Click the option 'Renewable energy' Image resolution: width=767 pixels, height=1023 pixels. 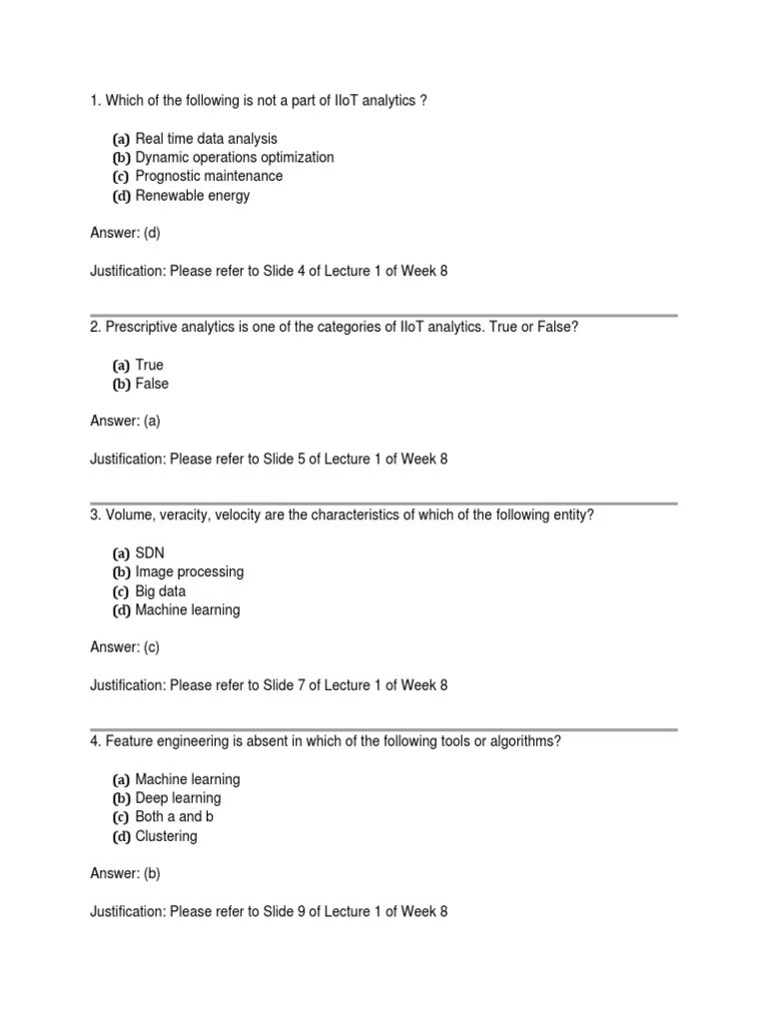tap(192, 196)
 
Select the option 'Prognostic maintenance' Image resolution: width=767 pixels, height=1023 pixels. tap(209, 177)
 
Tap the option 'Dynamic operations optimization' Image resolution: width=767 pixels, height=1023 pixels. tap(234, 158)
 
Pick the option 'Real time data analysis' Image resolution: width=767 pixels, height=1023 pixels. tap(206, 139)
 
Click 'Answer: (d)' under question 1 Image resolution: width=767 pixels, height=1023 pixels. tap(125, 234)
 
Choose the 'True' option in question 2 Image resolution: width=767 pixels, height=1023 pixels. tap(149, 366)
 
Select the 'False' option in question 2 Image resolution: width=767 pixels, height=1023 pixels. tap(152, 385)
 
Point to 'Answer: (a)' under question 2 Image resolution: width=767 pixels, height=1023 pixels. tap(125, 422)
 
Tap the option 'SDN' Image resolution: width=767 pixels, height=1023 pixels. tap(150, 553)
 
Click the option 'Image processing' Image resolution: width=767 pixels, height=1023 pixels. tap(189, 572)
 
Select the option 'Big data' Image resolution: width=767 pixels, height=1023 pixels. tap(160, 591)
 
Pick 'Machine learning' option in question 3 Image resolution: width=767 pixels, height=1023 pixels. tap(187, 610)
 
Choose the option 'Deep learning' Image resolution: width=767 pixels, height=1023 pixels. tap(178, 798)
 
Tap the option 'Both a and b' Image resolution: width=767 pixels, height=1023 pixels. tap(174, 817)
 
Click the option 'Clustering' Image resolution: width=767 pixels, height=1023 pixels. tap(166, 836)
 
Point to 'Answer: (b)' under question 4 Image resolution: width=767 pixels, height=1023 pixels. tap(125, 874)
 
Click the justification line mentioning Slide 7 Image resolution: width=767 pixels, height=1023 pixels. tap(269, 686)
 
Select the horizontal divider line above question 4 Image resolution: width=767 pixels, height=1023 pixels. tap(383, 730)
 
